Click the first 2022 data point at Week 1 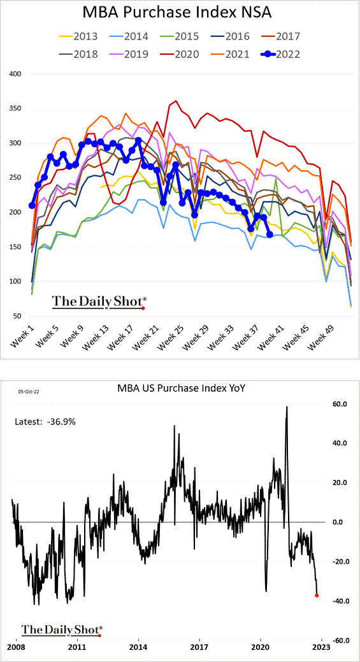[x=32, y=205]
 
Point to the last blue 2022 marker [x=270, y=234]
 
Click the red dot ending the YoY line [x=317, y=595]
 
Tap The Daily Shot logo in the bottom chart [x=61, y=630]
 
